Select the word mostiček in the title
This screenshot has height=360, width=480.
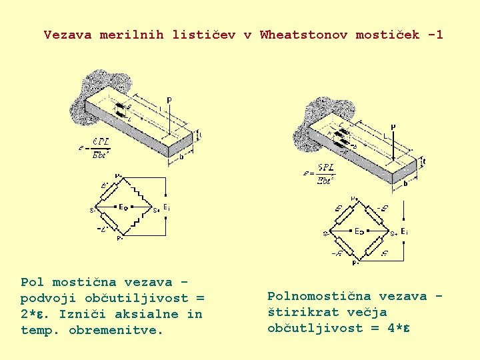[x=387, y=35]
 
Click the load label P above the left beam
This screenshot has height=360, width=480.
[x=169, y=100]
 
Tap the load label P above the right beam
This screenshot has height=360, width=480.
[x=393, y=126]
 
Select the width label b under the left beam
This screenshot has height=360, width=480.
[x=181, y=157]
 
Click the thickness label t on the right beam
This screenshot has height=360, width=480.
[x=425, y=160]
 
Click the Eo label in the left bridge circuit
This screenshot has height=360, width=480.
[x=123, y=207]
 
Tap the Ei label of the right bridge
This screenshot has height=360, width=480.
[x=404, y=231]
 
